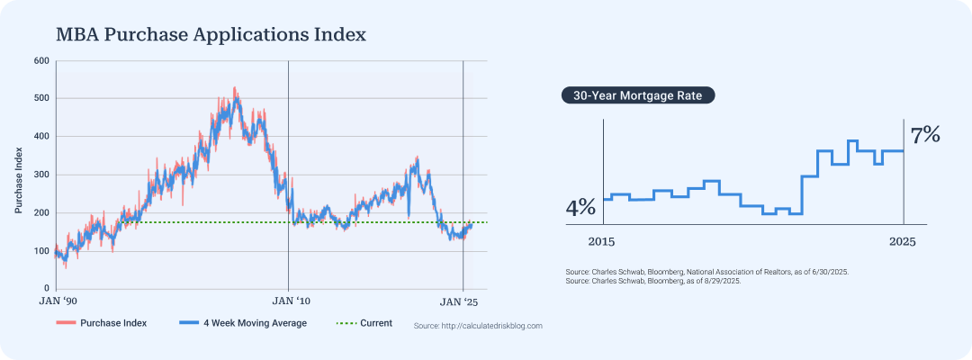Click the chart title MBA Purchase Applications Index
[211, 35]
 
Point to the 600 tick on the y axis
[41, 61]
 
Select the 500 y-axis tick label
[41, 99]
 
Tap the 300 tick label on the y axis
[41, 175]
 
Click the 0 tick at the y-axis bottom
[47, 289]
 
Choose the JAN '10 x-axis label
[288, 301]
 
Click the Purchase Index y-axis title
[19, 175]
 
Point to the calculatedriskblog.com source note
[478, 326]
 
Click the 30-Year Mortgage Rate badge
[638, 94]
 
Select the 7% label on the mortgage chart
[925, 136]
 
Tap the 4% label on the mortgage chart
[580, 208]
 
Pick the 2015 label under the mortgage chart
[601, 242]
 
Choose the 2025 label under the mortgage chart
[903, 242]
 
